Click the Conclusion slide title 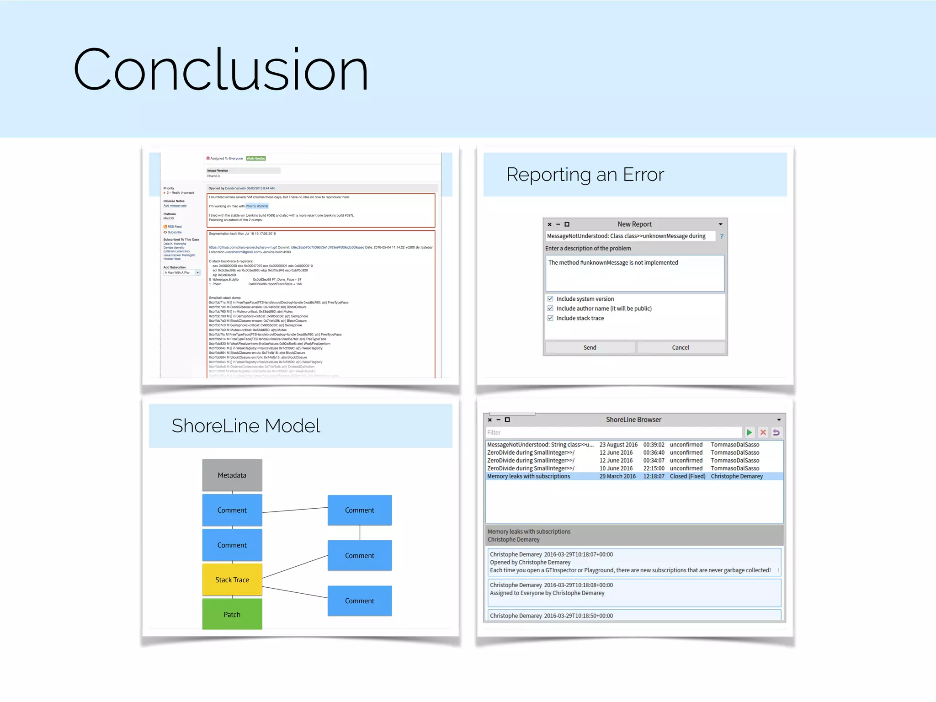(220, 69)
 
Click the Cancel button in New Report (680, 347)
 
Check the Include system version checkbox (550, 299)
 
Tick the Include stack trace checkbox (550, 318)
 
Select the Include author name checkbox (550, 308)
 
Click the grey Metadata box (232, 475)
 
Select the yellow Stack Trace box (232, 580)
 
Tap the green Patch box (232, 614)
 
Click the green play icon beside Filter (749, 432)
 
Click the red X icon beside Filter (763, 432)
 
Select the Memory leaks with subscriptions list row (529, 476)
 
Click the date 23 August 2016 (618, 445)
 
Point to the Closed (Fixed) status (687, 476)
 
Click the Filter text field (612, 432)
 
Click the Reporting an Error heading (585, 175)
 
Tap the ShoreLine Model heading (246, 426)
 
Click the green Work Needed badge (256, 159)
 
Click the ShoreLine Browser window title (633, 420)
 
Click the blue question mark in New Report (722, 236)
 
